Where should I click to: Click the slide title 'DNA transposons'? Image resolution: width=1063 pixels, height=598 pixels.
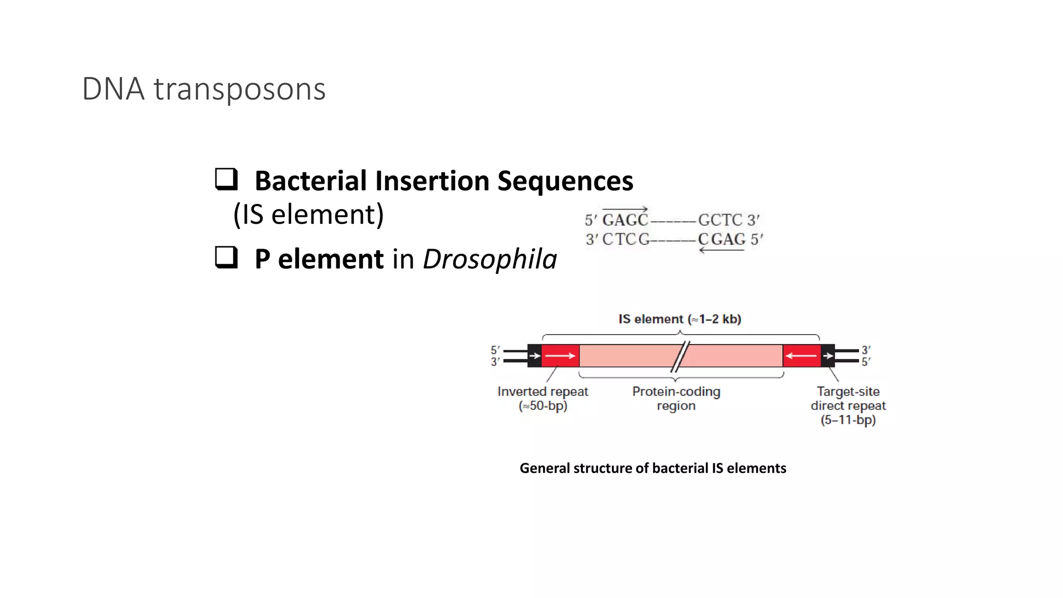pos(203,89)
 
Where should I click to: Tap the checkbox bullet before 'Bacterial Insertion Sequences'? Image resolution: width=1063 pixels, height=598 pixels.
pos(226,179)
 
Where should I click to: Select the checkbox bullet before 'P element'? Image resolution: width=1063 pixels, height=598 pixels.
pos(226,257)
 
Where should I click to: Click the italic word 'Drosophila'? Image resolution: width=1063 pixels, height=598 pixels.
pos(489,259)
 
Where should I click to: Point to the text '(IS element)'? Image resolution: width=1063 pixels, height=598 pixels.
pos(308,214)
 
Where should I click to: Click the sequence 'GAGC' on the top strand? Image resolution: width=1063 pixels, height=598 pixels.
pos(625,220)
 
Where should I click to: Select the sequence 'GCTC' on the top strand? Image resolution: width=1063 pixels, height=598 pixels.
pos(720,220)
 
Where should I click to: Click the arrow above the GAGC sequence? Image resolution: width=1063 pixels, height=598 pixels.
pos(625,209)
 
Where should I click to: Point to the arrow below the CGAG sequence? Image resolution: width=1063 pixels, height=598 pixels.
pos(721,251)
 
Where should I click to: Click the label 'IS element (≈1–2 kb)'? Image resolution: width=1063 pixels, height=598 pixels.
pos(679,319)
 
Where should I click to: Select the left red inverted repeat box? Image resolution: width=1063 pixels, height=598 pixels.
pos(561,356)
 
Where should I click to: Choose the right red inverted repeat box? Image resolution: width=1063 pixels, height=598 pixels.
pos(801,356)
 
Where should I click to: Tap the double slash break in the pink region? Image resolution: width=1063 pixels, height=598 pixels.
pos(680,356)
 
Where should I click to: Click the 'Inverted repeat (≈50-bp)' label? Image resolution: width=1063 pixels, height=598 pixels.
pos(542,398)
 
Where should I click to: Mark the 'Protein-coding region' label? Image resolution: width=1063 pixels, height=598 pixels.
pos(676,398)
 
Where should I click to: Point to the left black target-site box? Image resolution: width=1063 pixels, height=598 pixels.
pos(534,356)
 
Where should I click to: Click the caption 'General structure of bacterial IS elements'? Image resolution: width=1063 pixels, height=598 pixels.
pos(652,468)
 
